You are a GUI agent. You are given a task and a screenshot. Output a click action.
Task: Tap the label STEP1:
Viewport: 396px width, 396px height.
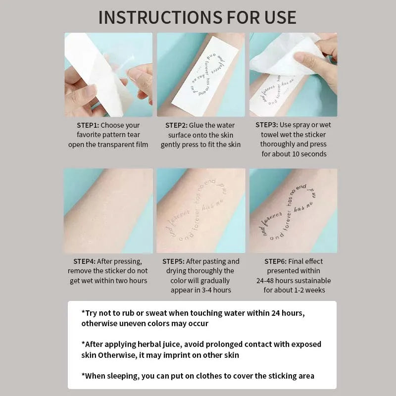88,125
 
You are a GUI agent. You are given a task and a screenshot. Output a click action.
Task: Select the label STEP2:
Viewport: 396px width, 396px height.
179,125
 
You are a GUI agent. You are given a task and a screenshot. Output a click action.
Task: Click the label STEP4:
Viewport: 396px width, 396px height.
84,261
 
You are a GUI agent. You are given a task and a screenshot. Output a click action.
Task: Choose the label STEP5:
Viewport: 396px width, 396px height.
176,261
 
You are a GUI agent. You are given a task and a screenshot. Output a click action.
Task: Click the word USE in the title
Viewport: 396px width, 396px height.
278,17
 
